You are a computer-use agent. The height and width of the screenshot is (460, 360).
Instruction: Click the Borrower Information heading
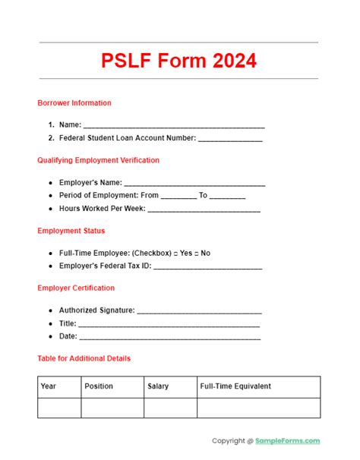[74, 103]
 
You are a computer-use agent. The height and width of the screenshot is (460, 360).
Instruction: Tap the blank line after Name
[174, 125]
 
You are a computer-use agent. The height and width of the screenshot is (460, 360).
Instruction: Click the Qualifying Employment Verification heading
[98, 160]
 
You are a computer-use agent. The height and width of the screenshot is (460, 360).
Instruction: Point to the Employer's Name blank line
[194, 183]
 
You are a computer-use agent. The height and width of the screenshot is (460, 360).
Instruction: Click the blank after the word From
[178, 196]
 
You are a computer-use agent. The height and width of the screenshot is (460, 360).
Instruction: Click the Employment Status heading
[71, 231]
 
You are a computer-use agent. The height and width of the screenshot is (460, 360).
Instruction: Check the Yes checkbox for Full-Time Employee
[176, 253]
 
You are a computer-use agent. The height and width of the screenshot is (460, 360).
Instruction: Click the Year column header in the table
[49, 386]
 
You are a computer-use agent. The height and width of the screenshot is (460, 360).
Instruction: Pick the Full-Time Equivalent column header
[235, 386]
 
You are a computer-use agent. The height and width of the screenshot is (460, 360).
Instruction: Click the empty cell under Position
[112, 408]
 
